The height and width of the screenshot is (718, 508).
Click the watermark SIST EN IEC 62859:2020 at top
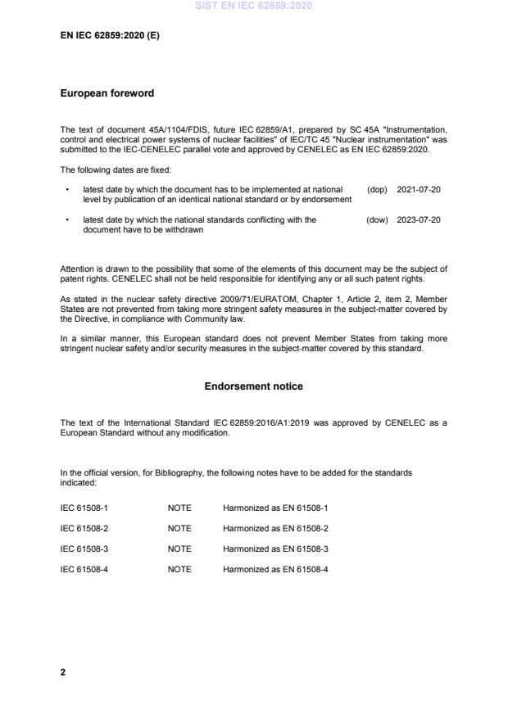[254, 7]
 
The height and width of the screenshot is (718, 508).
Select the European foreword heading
[107, 94]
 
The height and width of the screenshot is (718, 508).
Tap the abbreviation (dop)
[377, 190]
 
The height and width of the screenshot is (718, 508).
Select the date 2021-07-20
[419, 190]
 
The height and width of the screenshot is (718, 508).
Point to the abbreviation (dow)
[377, 220]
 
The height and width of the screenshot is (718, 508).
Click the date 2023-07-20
[419, 220]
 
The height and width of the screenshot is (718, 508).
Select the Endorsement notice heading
[253, 386]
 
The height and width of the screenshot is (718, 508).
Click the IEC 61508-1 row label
[84, 508]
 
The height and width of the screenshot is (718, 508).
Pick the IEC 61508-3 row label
[84, 549]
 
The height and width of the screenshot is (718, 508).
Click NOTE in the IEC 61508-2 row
[179, 528]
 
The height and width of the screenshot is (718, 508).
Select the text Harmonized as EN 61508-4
[275, 569]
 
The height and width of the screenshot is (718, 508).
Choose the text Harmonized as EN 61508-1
[275, 508]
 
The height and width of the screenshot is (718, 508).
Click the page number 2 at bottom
[63, 672]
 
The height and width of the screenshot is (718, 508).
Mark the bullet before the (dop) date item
[66, 190]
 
